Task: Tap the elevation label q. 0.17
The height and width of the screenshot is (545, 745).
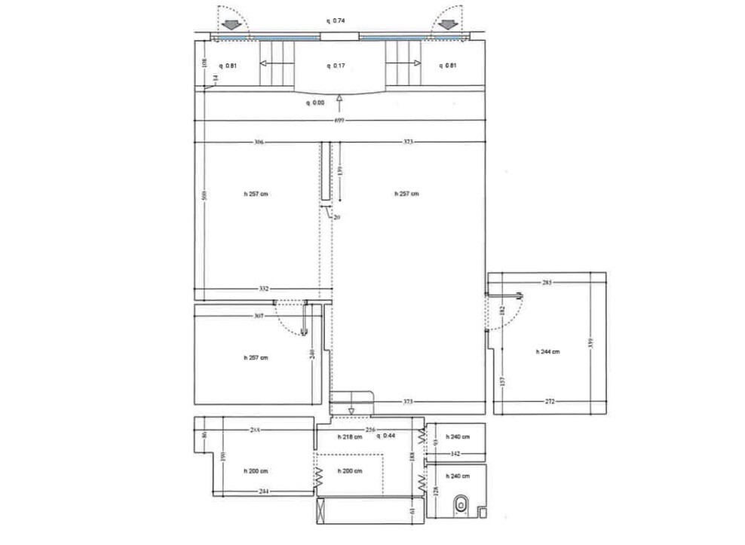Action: (x=336, y=66)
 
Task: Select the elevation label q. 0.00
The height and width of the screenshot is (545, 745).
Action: (x=315, y=103)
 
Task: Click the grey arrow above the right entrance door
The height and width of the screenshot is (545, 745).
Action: (x=447, y=25)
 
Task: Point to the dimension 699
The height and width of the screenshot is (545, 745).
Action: (x=339, y=122)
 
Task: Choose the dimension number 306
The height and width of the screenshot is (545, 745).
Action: (x=259, y=142)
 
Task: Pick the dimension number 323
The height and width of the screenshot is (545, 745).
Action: (x=409, y=142)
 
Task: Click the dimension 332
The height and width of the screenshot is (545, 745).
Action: (x=265, y=289)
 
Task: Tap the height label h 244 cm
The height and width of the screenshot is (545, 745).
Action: (x=547, y=351)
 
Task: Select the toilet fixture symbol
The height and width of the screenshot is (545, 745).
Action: (x=461, y=505)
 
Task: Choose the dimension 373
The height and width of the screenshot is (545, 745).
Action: (x=408, y=401)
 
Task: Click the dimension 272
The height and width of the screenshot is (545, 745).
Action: (x=550, y=401)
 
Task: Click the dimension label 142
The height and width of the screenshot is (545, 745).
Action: (x=455, y=454)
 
